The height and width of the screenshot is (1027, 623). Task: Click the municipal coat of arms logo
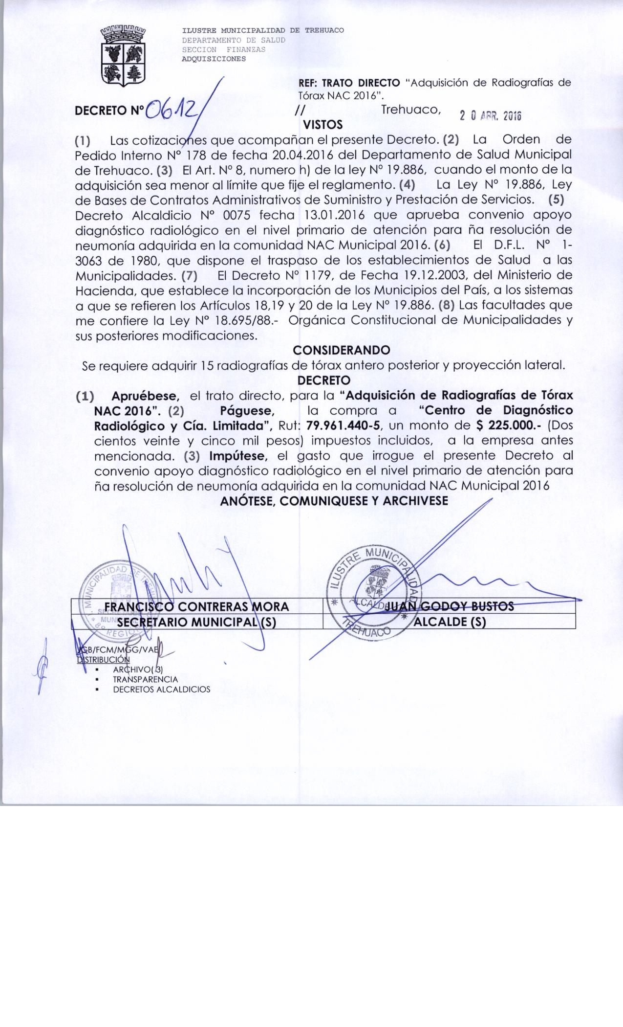[123, 57]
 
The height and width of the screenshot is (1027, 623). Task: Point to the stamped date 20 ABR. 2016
[490, 116]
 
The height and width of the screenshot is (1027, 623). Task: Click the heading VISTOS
[323, 125]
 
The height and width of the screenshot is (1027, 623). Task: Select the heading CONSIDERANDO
[341, 350]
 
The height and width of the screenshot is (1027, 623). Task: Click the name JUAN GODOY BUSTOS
[450, 606]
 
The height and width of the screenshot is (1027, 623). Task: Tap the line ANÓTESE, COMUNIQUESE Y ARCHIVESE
[334, 501]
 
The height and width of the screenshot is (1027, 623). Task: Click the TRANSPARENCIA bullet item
[145, 679]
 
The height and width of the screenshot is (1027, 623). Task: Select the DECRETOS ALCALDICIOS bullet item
[161, 690]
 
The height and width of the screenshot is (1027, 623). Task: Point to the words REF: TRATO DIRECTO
[349, 83]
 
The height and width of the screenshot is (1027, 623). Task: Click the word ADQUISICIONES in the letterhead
[214, 59]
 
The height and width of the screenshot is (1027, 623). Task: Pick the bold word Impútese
[237, 456]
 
